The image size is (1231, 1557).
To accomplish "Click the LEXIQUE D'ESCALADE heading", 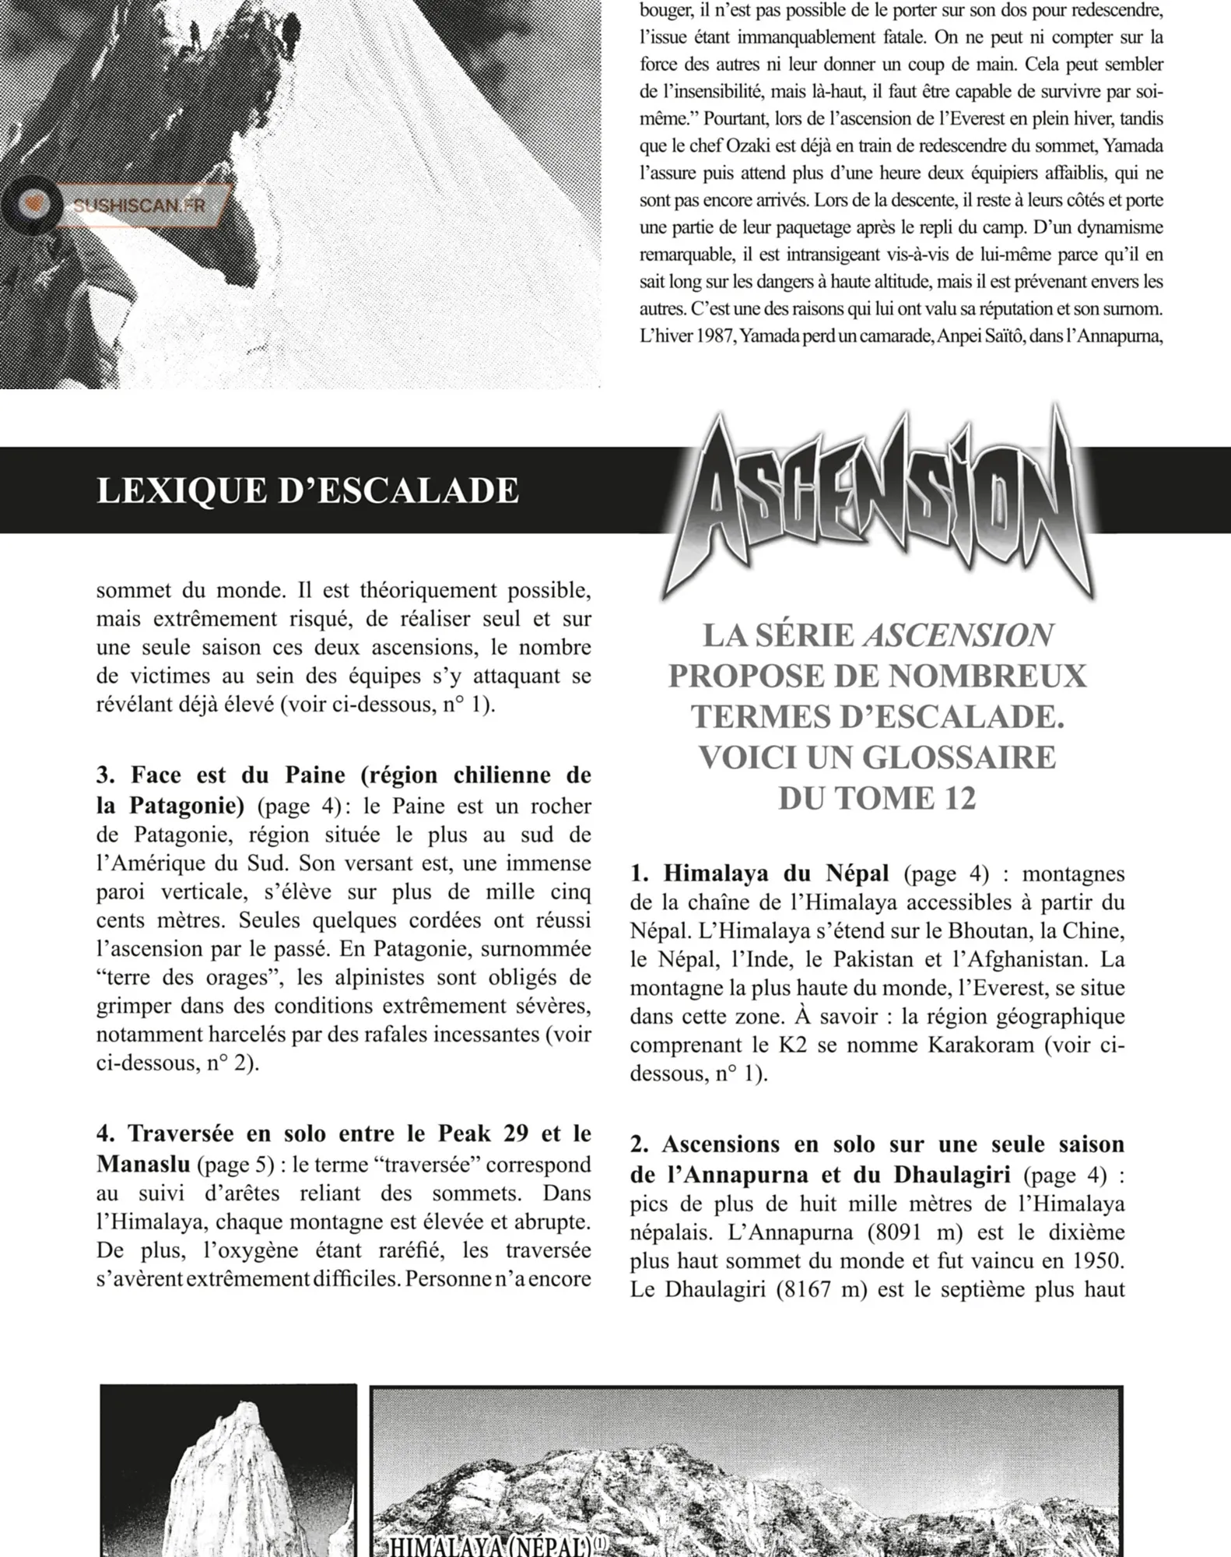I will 307,490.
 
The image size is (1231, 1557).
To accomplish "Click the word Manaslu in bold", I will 143,1165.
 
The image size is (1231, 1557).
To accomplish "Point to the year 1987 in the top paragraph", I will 708,336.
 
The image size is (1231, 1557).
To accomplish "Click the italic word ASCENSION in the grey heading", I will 959,635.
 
